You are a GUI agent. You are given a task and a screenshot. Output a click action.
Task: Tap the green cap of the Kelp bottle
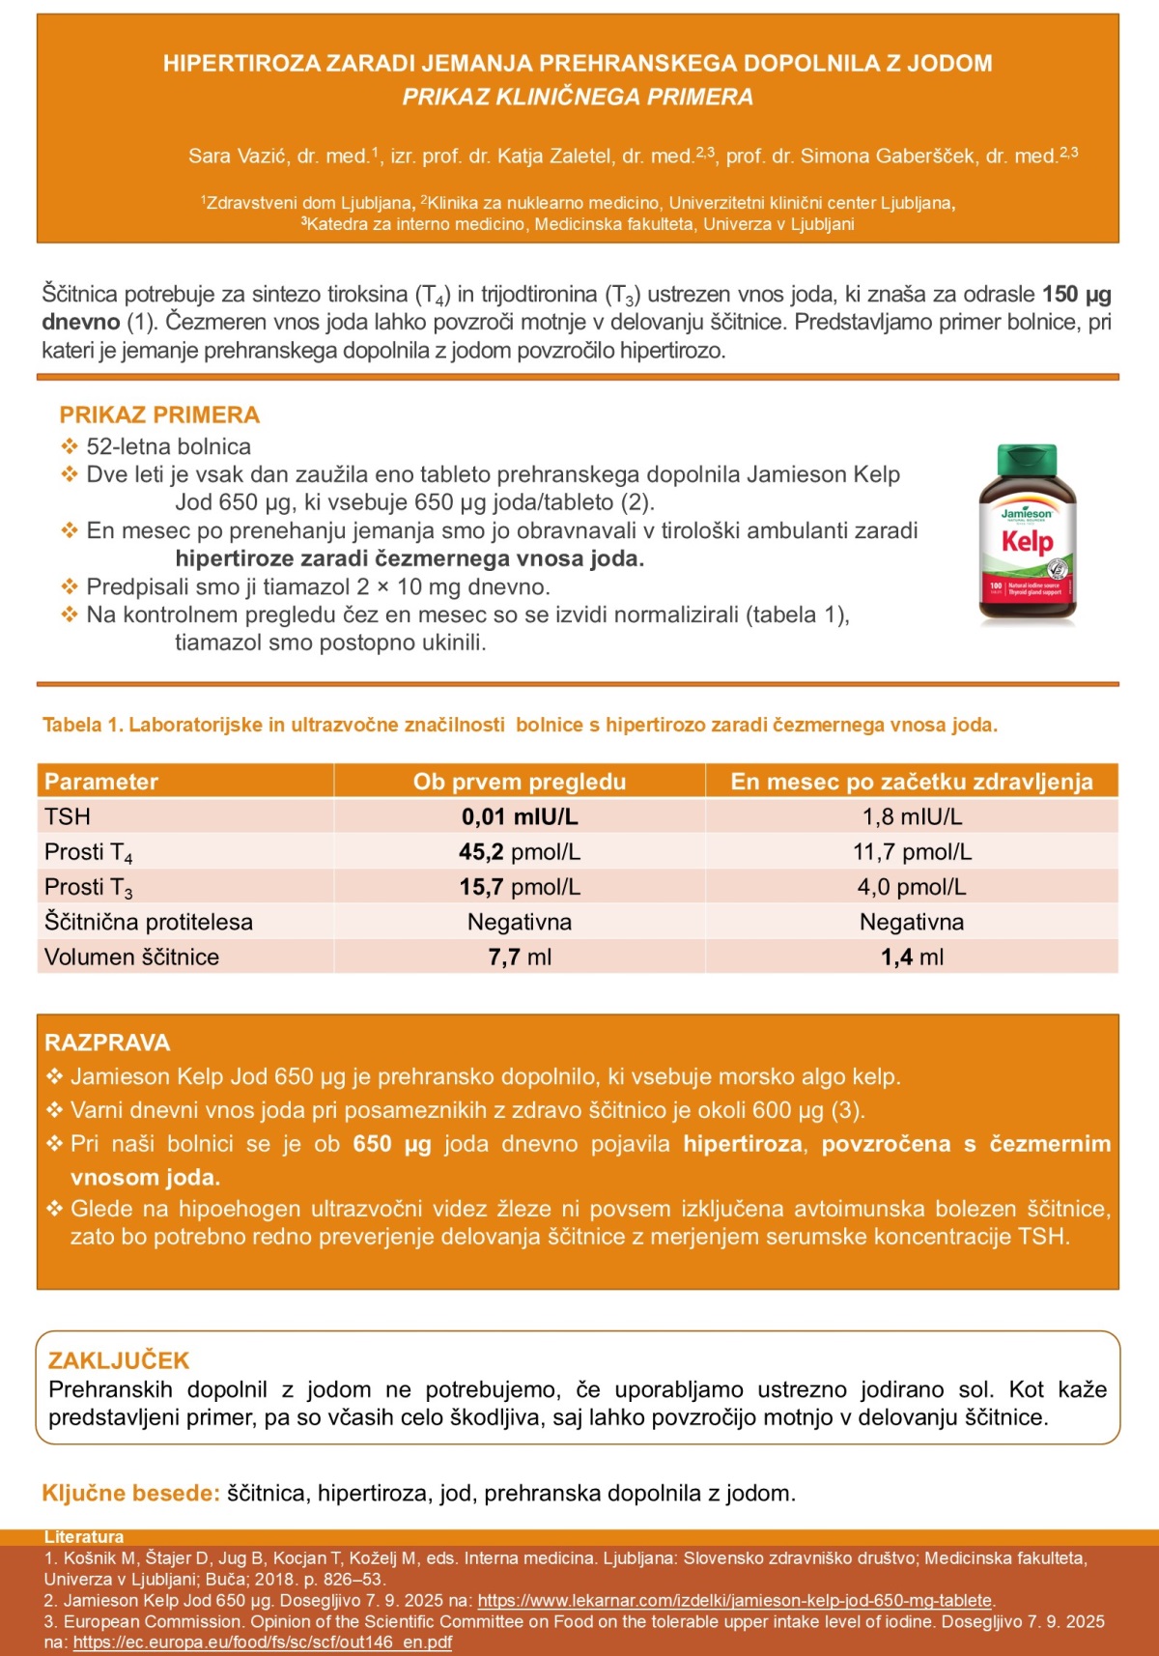(1028, 458)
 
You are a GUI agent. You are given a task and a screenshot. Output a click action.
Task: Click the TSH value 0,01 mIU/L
(520, 816)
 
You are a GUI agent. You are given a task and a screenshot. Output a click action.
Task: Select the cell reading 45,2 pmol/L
(520, 851)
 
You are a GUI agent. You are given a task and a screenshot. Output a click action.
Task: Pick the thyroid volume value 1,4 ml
(912, 956)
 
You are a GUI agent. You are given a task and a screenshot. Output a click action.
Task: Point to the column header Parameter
(101, 782)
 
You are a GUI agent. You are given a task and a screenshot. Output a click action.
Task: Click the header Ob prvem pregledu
(520, 782)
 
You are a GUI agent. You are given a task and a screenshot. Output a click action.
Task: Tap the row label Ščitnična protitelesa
(149, 922)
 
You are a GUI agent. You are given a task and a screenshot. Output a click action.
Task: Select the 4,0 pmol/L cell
(912, 887)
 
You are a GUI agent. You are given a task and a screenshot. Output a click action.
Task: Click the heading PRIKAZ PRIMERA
(159, 414)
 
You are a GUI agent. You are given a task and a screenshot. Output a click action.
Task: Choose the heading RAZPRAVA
(107, 1042)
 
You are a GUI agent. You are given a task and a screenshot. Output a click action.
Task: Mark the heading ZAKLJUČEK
(119, 1360)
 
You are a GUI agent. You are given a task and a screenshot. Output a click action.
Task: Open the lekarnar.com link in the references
(735, 1600)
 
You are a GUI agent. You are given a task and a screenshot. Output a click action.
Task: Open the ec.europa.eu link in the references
(263, 1642)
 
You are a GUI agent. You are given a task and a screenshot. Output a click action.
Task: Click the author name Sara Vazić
(239, 156)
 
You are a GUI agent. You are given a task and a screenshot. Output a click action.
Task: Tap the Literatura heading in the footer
(84, 1537)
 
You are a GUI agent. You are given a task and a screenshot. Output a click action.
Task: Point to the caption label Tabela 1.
(82, 725)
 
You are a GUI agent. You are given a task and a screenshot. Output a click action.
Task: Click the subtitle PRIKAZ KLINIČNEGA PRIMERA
(578, 97)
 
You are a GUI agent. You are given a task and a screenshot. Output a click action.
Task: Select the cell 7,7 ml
(520, 956)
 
